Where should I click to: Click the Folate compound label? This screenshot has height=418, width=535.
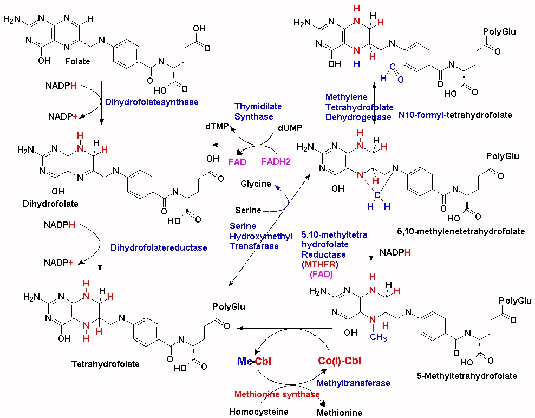pos(77,61)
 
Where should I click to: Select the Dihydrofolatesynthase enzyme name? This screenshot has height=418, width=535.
pos(152,102)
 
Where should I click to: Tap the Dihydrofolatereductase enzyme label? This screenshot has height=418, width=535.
pos(159,248)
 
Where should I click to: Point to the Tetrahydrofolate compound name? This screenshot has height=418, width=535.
pos(106,364)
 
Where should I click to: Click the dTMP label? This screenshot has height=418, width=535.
pos(217,127)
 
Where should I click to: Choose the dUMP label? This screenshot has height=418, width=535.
pos(290,128)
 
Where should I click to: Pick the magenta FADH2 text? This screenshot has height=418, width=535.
pos(276,161)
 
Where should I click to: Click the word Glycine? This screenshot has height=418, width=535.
pos(256,184)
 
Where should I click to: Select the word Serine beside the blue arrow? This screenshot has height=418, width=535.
pos(248,210)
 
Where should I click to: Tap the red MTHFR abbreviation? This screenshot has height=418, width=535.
pos(321,264)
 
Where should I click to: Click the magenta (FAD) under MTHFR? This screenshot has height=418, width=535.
pos(321,274)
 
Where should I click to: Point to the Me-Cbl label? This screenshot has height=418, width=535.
pos(254,361)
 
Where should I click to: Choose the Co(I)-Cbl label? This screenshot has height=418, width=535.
pos(340,361)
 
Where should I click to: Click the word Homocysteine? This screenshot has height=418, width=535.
pos(259,412)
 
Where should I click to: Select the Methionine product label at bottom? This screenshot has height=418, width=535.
pos(339,413)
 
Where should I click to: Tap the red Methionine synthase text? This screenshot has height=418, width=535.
pos(277,395)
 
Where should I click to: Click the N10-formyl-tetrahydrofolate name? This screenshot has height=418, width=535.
pos(455,115)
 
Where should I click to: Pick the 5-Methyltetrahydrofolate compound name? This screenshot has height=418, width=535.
pos(467,376)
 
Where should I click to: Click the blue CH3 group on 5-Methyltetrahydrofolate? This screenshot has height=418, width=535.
pos(379,337)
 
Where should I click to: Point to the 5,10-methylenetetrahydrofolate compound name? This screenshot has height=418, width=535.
pos(461,231)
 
